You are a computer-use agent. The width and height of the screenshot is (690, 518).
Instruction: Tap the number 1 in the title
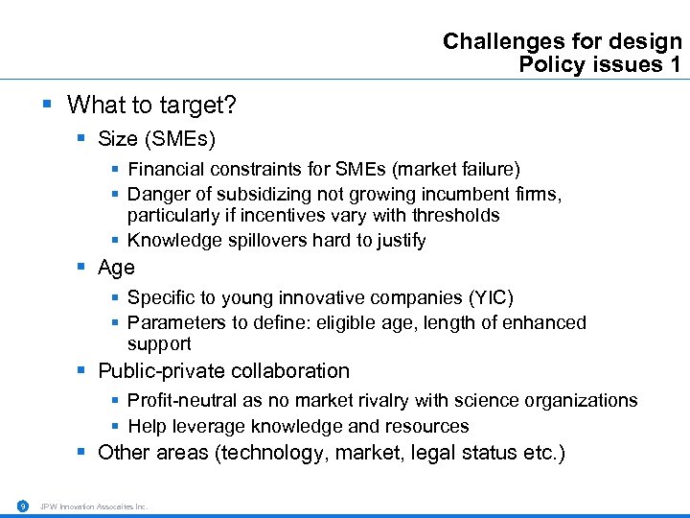[676, 64]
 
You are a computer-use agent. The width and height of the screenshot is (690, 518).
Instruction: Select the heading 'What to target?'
[152, 104]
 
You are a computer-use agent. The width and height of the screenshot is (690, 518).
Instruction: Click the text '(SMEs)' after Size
[179, 138]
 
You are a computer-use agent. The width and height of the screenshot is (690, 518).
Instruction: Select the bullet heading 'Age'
[116, 268]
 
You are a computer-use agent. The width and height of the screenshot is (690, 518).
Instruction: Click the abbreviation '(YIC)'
[494, 298]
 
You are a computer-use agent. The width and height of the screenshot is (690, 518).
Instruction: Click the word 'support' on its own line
[159, 343]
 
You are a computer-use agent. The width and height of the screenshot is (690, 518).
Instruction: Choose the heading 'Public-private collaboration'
[223, 371]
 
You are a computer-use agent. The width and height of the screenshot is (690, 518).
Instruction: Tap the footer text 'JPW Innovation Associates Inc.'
[94, 506]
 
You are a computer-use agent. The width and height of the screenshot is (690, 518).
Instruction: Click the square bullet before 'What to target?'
[48, 104]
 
